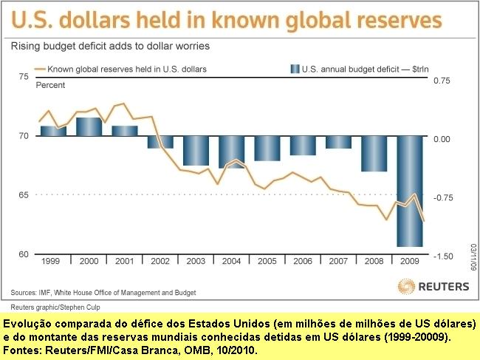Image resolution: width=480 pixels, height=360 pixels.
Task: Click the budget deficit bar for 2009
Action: pos(410,191)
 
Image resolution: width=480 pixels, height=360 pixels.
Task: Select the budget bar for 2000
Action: pos(89,127)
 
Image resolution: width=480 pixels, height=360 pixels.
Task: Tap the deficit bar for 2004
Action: pos(231,152)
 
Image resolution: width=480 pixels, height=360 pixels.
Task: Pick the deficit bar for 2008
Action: pos(374,154)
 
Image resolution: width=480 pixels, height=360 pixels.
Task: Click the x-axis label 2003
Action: pos(196,262)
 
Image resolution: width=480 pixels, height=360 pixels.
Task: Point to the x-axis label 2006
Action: pos(303,262)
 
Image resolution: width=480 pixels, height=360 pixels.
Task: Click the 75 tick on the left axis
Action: pos(23,77)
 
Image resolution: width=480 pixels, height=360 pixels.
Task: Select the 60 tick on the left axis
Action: pos(23,254)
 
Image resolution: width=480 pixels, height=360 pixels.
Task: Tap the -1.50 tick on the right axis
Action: pos(442,256)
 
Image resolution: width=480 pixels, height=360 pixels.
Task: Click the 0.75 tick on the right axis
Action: pos(442,80)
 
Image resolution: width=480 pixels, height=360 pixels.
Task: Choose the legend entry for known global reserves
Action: pos(126,69)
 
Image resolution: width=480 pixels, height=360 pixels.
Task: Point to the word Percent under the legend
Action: pos(51,85)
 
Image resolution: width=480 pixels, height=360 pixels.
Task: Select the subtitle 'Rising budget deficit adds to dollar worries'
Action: pos(110,46)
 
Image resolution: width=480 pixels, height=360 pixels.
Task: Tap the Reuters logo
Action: pos(433,286)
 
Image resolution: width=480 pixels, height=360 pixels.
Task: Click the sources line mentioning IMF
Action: pos(103,293)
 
